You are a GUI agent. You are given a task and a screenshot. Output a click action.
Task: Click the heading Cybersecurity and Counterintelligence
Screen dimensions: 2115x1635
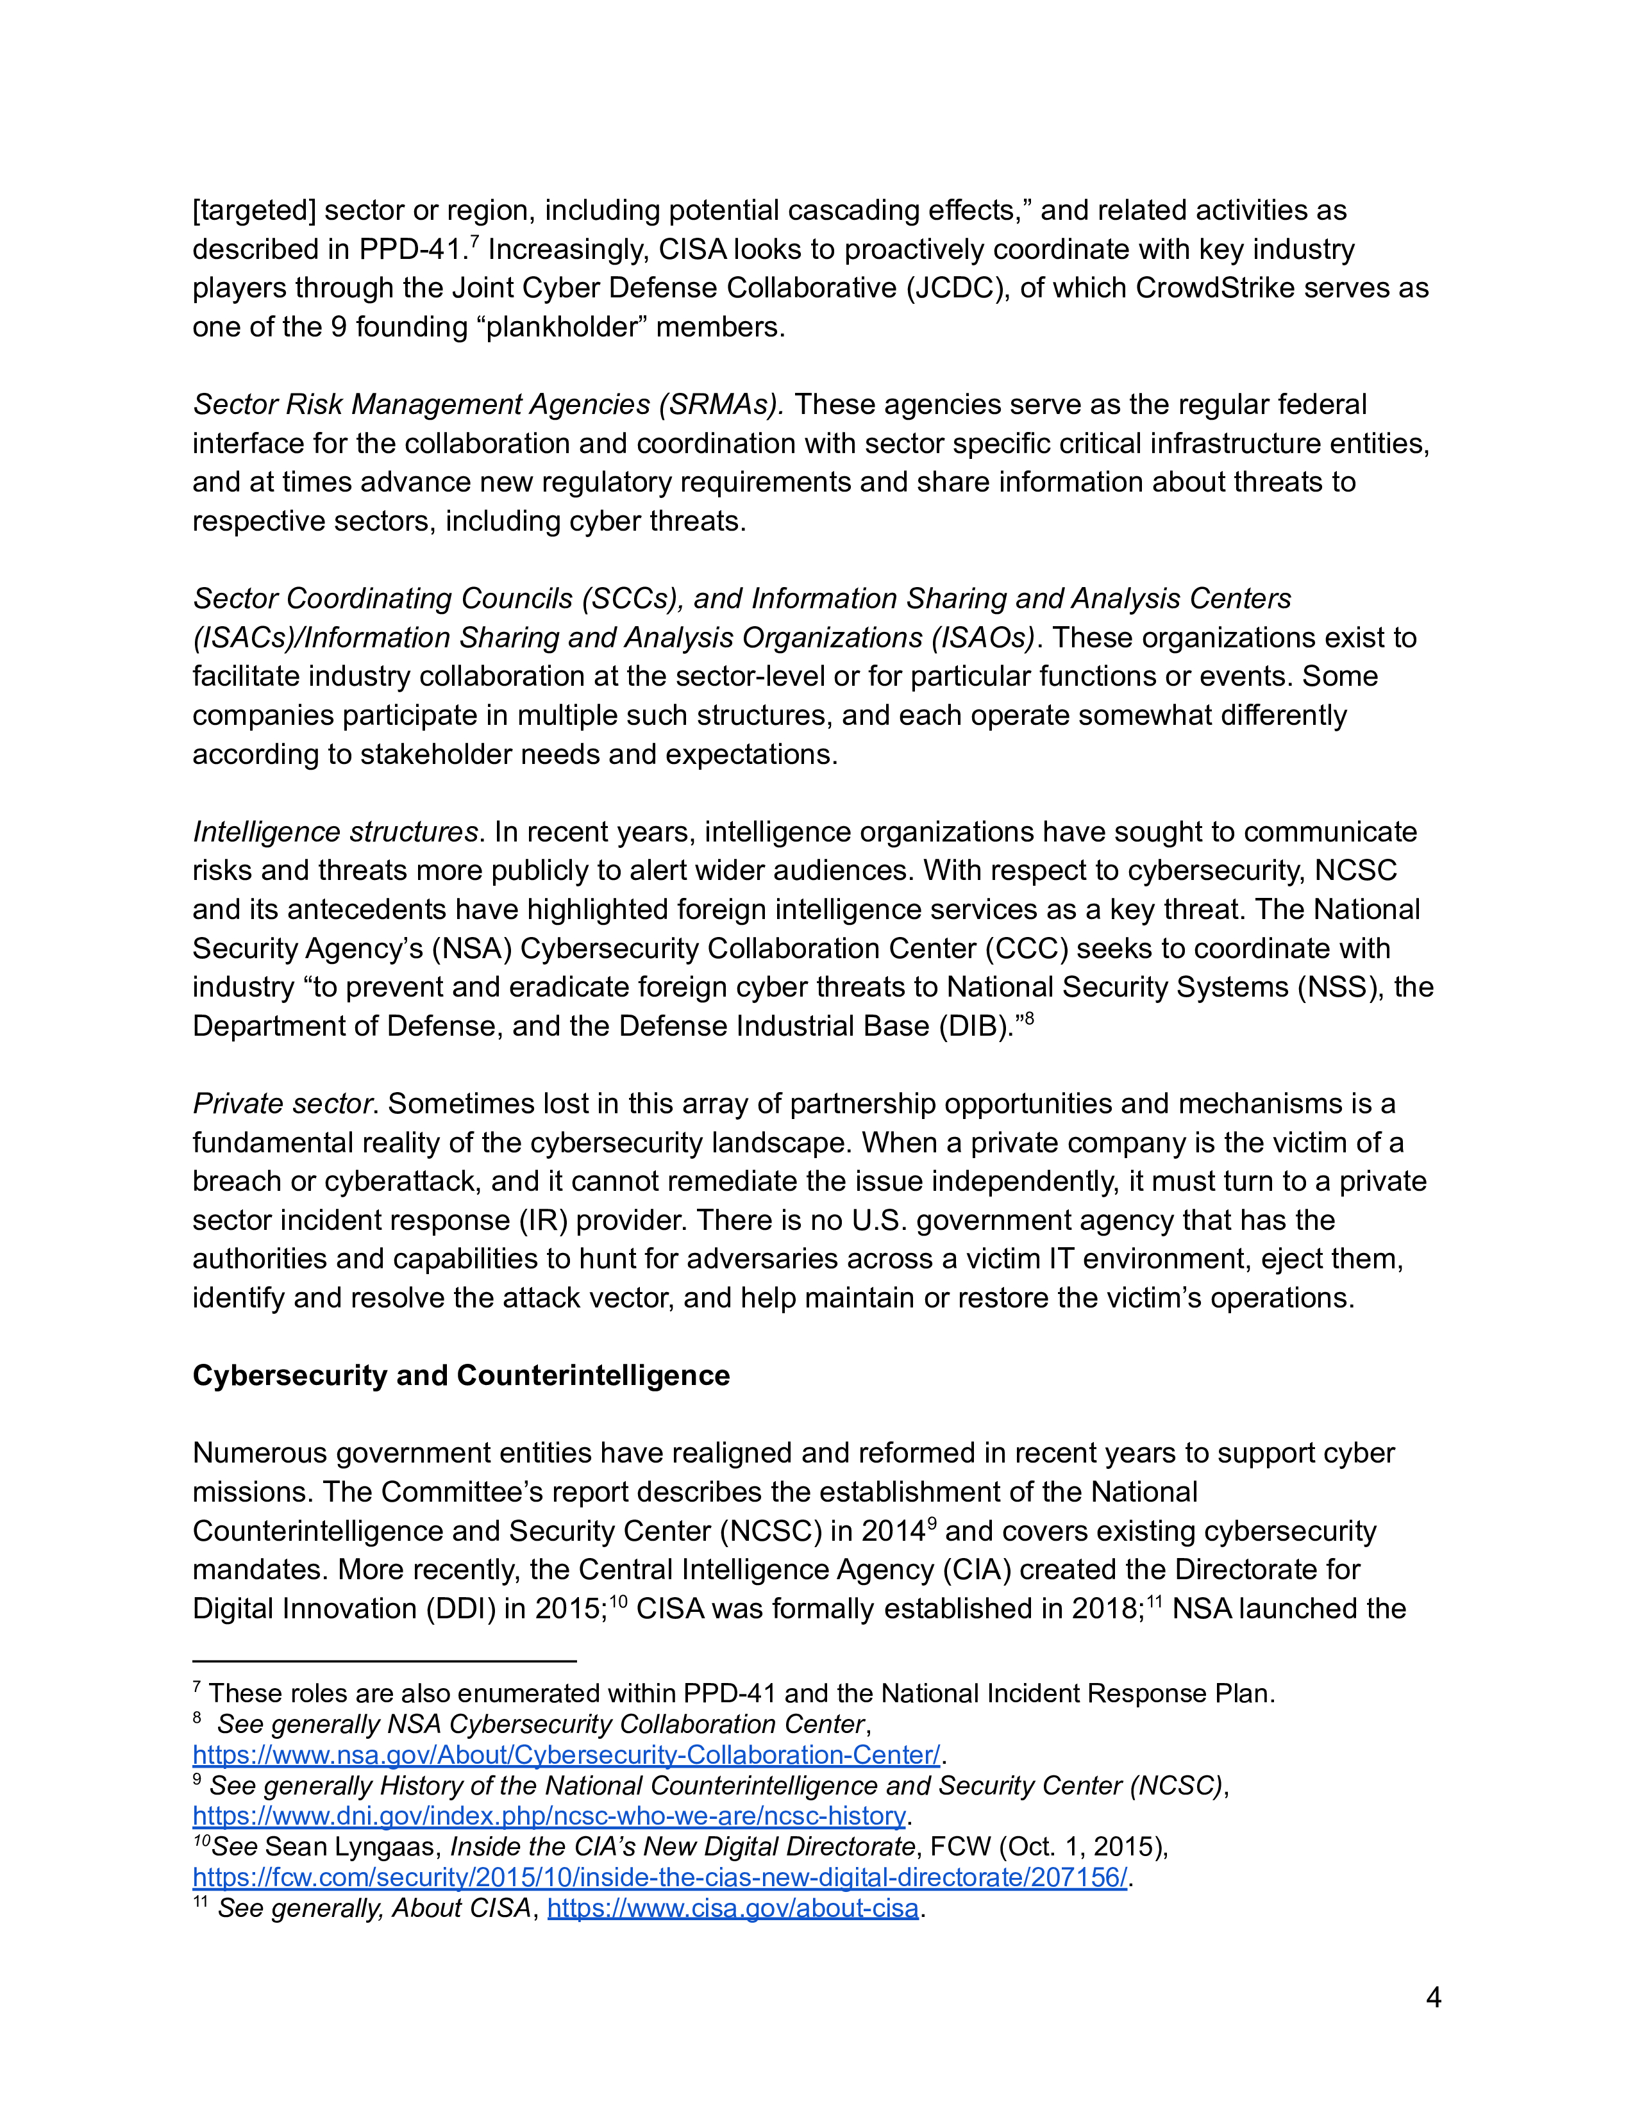point(461,1375)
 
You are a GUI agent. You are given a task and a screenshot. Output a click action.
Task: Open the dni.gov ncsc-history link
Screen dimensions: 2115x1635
point(549,1815)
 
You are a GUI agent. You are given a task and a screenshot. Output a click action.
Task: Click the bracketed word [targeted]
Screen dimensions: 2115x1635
point(254,210)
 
